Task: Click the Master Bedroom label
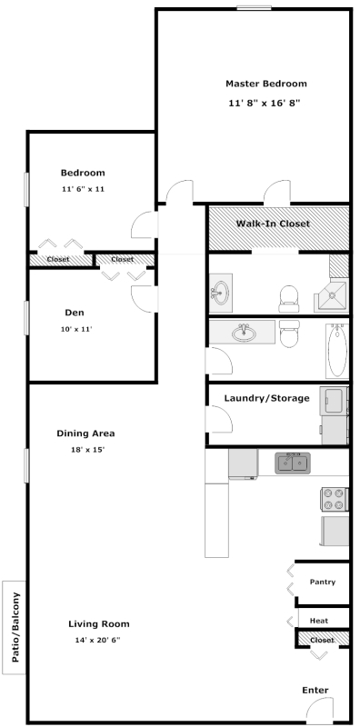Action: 265,84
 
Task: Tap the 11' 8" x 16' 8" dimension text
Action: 265,104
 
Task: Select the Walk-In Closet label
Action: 273,224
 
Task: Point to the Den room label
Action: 75,313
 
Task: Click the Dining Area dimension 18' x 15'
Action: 85,450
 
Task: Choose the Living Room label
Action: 99,624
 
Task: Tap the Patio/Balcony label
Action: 15,627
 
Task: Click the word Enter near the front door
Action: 315,691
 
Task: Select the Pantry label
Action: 323,582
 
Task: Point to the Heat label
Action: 319,621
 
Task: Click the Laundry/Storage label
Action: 266,398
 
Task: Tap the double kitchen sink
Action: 293,463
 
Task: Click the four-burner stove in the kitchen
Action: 335,499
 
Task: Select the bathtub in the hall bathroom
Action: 337,351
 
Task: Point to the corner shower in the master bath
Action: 332,294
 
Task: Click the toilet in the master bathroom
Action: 288,299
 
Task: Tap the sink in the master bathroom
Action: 221,293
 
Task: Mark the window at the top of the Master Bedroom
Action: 254,7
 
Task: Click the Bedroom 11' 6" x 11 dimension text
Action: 83,189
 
